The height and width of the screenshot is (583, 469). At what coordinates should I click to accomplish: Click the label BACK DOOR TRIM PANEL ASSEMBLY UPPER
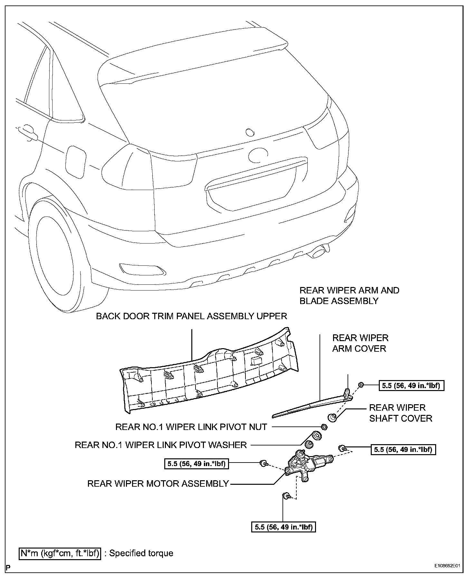pyautogui.click(x=192, y=316)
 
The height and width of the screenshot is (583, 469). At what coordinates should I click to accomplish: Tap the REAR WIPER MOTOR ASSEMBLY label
pyautogui.click(x=158, y=483)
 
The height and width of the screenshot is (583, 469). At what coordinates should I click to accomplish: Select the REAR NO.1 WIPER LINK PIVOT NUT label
pyautogui.click(x=191, y=427)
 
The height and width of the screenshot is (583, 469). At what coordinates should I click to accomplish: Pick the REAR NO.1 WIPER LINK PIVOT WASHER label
pyautogui.click(x=160, y=445)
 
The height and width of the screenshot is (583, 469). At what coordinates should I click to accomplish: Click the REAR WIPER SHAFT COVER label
pyautogui.click(x=400, y=413)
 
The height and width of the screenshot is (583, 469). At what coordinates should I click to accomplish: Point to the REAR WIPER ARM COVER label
pyautogui.click(x=360, y=343)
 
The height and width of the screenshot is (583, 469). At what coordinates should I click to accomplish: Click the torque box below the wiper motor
pyautogui.click(x=283, y=527)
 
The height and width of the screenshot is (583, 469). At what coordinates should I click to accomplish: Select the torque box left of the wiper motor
pyautogui.click(x=197, y=464)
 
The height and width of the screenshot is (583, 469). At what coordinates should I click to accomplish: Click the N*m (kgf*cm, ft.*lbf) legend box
pyautogui.click(x=60, y=553)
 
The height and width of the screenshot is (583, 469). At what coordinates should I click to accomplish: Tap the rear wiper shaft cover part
pyautogui.click(x=332, y=418)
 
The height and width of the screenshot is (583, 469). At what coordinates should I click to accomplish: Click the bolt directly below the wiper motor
pyautogui.click(x=286, y=505)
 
